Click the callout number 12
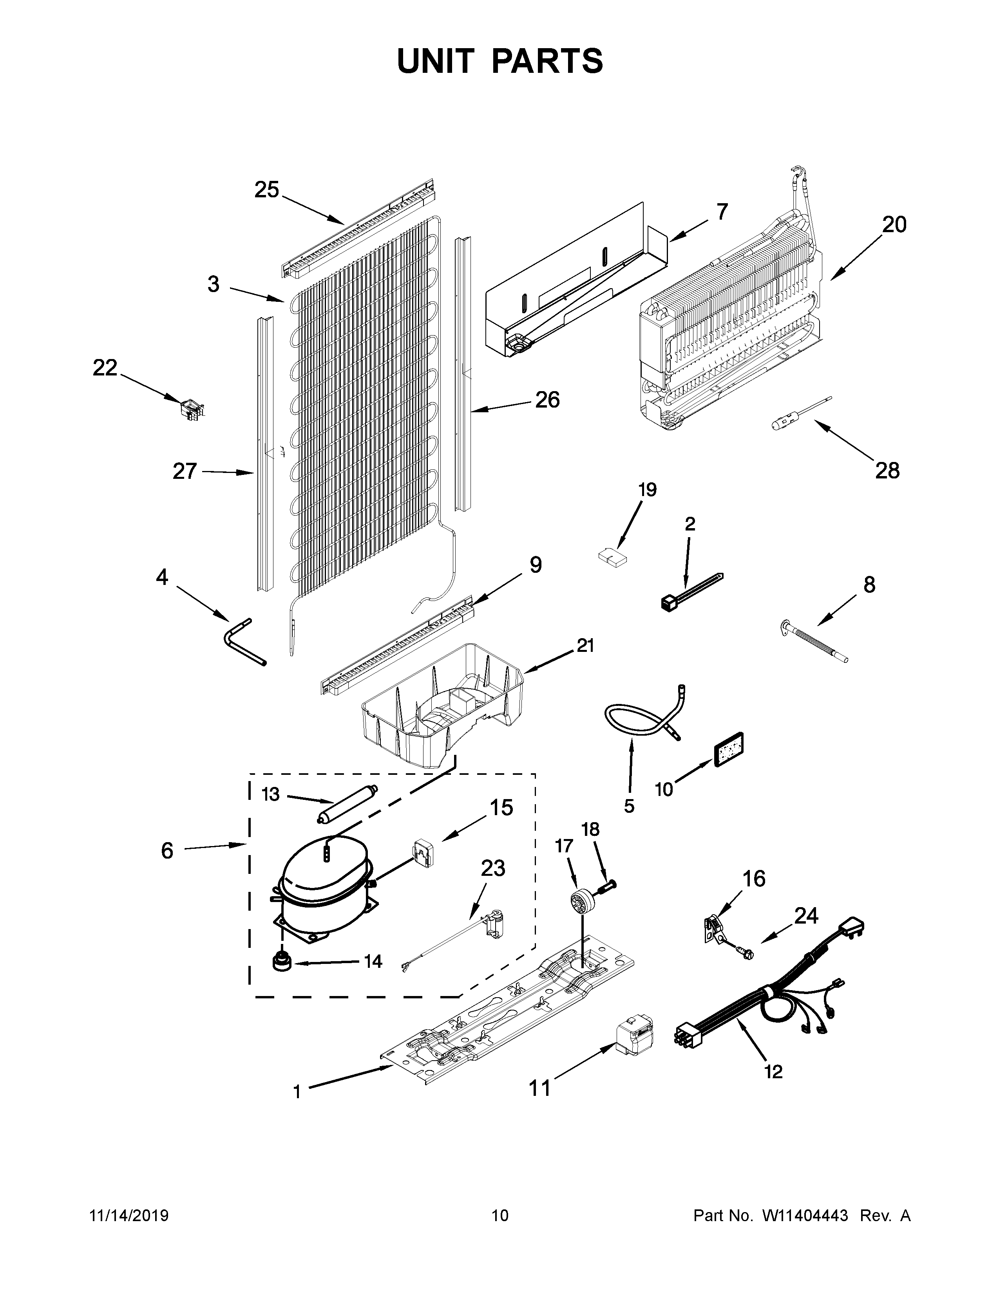[x=773, y=1071]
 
